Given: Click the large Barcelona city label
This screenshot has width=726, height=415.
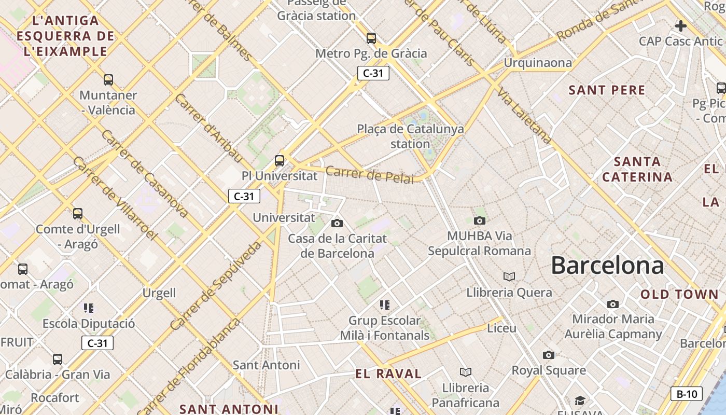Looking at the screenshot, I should [x=607, y=265].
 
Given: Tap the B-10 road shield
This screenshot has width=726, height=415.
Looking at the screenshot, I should [x=687, y=394].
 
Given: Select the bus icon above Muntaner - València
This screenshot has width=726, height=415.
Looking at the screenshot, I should [x=108, y=80].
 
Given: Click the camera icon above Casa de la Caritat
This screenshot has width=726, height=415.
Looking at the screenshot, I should [x=337, y=223].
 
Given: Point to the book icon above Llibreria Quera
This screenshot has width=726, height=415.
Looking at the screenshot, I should [x=509, y=276].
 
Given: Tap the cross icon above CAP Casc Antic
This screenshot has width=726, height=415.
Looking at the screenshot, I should [x=681, y=25].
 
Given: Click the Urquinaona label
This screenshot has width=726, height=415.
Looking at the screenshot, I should [x=538, y=63].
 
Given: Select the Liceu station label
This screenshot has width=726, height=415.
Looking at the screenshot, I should [x=501, y=328].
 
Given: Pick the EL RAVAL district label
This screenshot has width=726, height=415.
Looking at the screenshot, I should [x=388, y=374].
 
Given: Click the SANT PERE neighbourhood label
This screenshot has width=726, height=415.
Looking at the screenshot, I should [x=607, y=90].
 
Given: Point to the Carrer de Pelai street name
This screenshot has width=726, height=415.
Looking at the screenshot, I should [x=370, y=175].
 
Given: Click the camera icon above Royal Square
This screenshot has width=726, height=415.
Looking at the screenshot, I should [x=549, y=355].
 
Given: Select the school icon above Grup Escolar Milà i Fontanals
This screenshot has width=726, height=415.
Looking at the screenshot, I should [x=384, y=305].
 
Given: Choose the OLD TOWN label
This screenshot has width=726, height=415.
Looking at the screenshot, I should [x=679, y=294].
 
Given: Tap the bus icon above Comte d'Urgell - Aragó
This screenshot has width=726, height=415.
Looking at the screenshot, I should [x=78, y=214].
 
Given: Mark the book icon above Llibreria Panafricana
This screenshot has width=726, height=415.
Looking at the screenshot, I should [x=466, y=372].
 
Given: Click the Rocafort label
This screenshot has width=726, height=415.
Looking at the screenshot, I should [x=55, y=398].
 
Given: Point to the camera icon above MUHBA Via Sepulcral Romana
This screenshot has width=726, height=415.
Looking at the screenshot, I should [x=480, y=221].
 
